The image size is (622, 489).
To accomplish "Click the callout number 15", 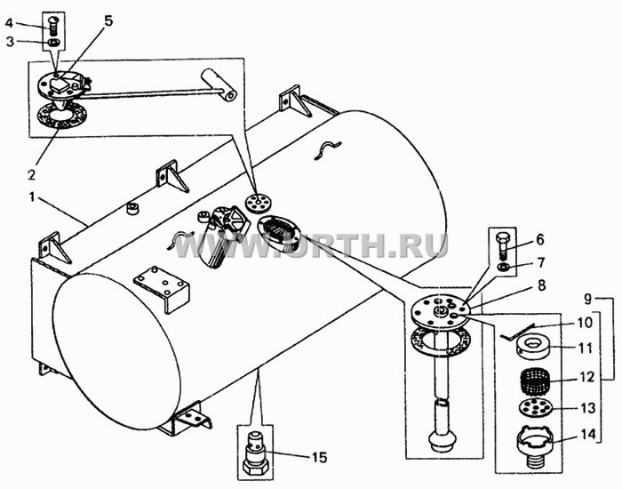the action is [319, 458].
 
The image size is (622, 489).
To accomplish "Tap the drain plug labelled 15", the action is [255, 455].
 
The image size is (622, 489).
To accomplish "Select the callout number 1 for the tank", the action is [31, 196].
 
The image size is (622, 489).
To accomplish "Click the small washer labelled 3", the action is [53, 43].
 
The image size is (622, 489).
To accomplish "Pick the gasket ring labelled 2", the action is [61, 115].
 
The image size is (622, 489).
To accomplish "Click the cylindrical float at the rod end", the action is [219, 84].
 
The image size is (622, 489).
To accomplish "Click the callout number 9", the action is [587, 299].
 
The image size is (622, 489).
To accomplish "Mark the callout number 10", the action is [585, 322].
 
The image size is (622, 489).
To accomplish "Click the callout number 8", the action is [541, 285].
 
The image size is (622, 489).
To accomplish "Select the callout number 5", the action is [108, 20].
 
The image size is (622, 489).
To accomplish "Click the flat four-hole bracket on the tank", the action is [162, 289].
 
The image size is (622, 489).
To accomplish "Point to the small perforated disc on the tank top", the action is [258, 204].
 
